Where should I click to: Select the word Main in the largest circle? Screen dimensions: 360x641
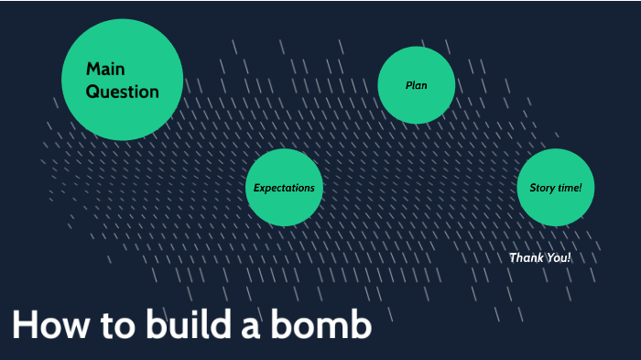pyautogui.click(x=105, y=69)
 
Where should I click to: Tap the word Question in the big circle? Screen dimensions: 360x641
pyautogui.click(x=123, y=92)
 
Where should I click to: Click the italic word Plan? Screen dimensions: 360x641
pyautogui.click(x=417, y=85)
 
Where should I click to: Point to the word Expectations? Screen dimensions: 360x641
pyautogui.click(x=284, y=188)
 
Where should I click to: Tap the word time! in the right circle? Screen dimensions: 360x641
pyautogui.click(x=570, y=188)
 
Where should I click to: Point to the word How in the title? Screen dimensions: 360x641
pyautogui.click(x=50, y=326)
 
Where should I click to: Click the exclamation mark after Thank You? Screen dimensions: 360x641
pyautogui.click(x=569, y=257)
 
